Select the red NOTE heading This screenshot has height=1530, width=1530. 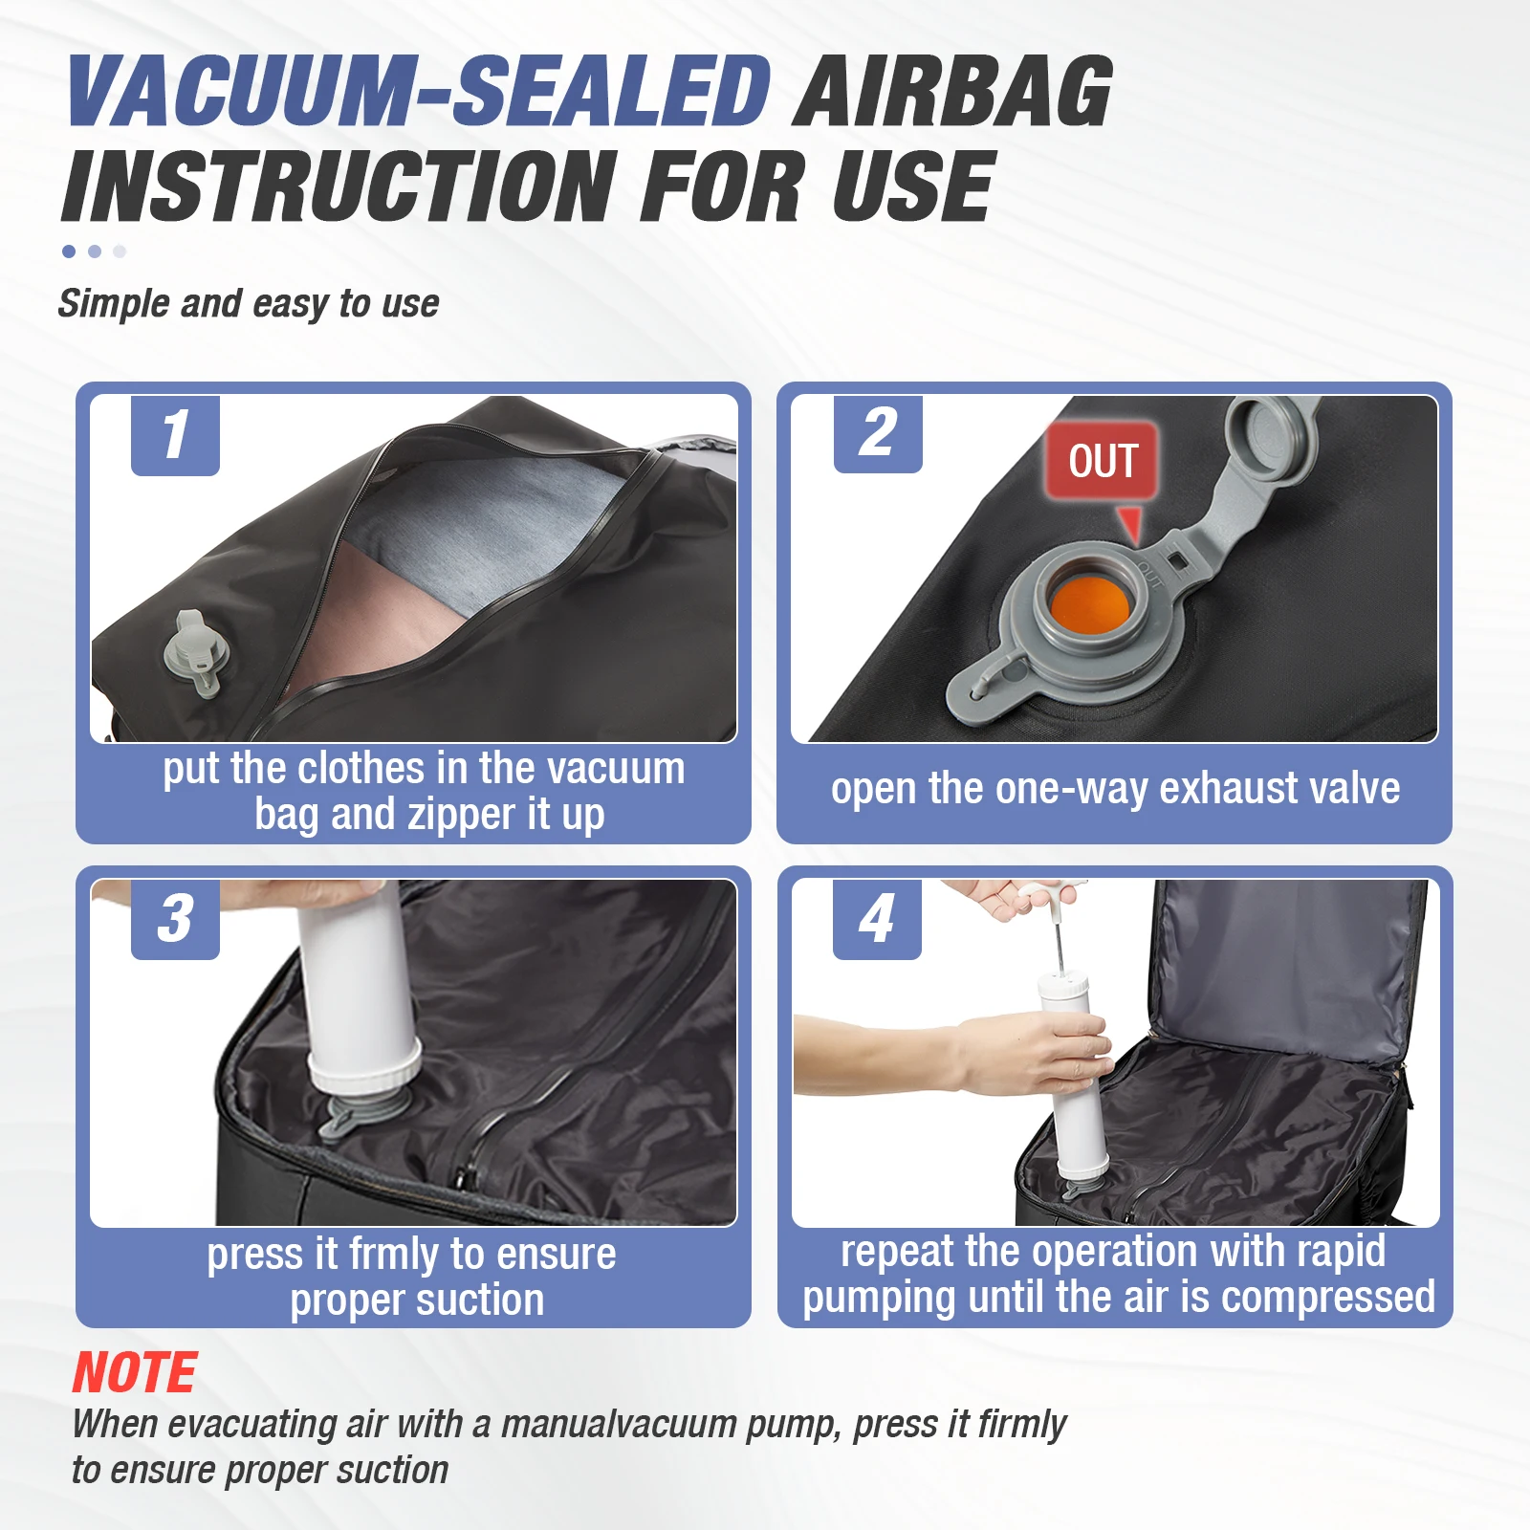(x=135, y=1373)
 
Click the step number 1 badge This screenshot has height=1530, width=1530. (x=175, y=435)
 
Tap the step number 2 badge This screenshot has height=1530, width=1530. (x=878, y=434)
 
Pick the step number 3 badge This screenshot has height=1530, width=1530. (x=175, y=919)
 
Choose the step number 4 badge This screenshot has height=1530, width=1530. (x=877, y=919)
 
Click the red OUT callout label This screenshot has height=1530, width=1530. (x=1103, y=461)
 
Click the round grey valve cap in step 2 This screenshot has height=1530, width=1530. (x=1273, y=435)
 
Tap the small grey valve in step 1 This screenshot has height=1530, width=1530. (x=197, y=654)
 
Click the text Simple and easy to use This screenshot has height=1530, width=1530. (x=249, y=304)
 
